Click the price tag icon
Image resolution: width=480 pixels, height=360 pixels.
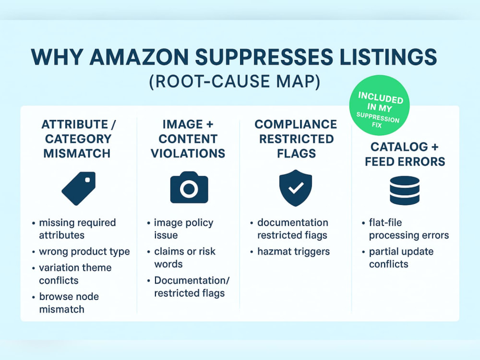(79, 188)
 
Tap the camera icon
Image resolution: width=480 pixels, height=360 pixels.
(189, 187)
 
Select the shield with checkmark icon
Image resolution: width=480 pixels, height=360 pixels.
(296, 188)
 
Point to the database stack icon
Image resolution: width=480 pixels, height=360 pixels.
(405, 191)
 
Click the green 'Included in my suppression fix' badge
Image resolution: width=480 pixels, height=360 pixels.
(379, 105)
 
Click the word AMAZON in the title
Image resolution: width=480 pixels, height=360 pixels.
(139, 57)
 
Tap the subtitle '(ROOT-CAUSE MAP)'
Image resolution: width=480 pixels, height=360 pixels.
(235, 82)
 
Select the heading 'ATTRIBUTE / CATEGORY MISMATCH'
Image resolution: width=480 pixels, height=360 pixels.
(78, 139)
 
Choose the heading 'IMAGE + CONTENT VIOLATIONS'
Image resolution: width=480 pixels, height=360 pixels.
(188, 139)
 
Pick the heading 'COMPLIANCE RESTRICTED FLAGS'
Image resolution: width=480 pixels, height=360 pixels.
(296, 139)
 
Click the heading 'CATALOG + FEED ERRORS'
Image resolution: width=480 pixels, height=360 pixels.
(405, 154)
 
